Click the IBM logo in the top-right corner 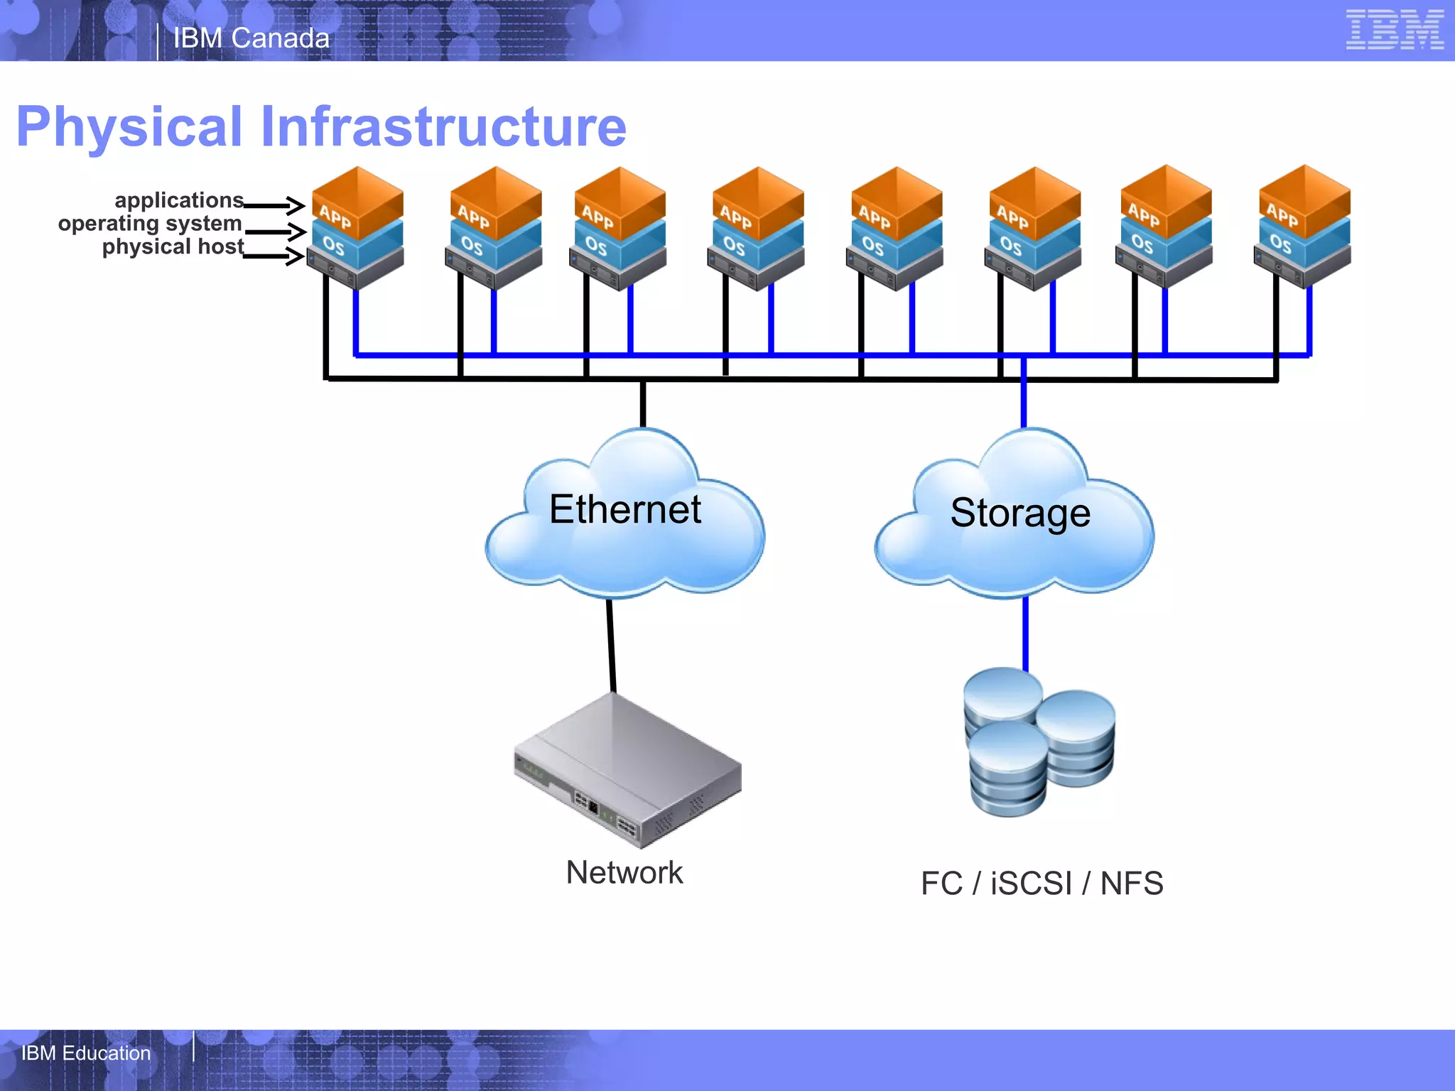tap(1394, 31)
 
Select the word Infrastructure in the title tap(443, 126)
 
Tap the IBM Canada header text tap(251, 38)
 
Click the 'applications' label tap(179, 200)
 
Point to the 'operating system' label tap(150, 224)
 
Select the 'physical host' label tap(173, 247)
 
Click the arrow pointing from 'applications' tap(274, 206)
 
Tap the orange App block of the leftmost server tap(357, 200)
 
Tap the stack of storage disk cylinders tap(1037, 742)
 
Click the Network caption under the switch tap(624, 872)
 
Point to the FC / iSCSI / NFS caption tap(1042, 884)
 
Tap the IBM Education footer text tap(86, 1053)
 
